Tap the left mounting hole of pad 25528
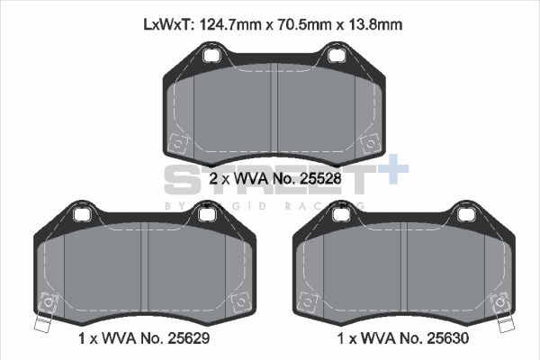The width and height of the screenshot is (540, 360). [213, 57]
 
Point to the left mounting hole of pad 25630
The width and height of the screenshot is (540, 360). [341, 215]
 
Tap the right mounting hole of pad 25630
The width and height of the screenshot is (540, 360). [465, 215]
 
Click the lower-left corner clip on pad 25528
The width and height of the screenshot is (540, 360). [177, 143]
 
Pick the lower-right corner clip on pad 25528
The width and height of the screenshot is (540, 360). [368, 143]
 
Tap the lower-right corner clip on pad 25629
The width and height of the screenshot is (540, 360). [239, 302]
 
